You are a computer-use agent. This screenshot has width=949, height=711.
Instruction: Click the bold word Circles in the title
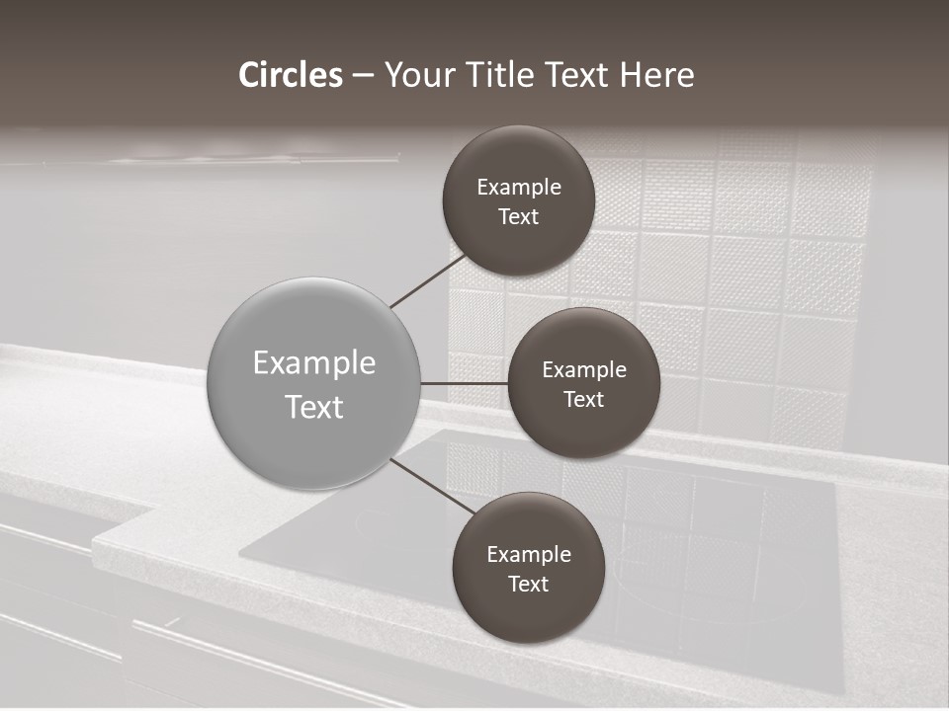(x=291, y=75)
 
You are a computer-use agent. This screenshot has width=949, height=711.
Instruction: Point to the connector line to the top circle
(x=427, y=281)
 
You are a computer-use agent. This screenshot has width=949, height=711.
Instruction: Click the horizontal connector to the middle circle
(x=465, y=383)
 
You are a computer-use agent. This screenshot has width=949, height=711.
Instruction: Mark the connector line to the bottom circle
(x=431, y=486)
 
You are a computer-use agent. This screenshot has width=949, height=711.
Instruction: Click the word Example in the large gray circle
(x=314, y=363)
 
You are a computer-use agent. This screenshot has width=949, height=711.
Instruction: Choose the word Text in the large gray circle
(x=314, y=407)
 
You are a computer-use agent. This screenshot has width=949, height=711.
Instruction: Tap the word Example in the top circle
(x=519, y=188)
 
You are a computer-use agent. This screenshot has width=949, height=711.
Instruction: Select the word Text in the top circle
(x=518, y=216)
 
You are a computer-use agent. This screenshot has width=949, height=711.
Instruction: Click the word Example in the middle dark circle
(x=584, y=370)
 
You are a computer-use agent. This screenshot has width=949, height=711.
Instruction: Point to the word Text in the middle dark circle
(x=583, y=399)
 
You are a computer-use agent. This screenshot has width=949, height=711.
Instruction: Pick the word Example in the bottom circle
(x=529, y=555)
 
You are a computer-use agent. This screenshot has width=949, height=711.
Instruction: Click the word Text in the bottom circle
(x=528, y=584)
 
